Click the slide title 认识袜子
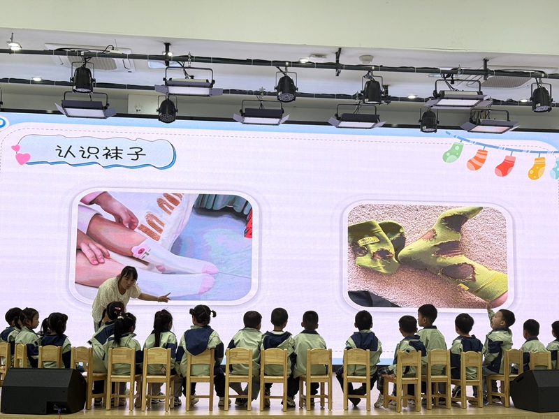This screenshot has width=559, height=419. coord(101,152)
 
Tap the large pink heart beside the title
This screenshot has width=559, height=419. coord(23,159)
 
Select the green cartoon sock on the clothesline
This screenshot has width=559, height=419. coord(453,152)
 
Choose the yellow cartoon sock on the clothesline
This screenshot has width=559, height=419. coord(537,168)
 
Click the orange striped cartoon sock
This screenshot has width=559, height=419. coord(477,160)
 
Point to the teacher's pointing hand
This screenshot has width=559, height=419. coord(164,297)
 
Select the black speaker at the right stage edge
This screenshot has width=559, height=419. coord(535,390)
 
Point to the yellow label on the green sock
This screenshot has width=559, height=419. coord(368,240)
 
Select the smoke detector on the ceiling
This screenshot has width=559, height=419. coord(365,59)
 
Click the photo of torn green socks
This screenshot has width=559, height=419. coord(428,256)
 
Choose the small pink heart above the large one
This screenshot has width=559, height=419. coord(15,148)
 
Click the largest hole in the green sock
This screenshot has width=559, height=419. coord(458,270)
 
